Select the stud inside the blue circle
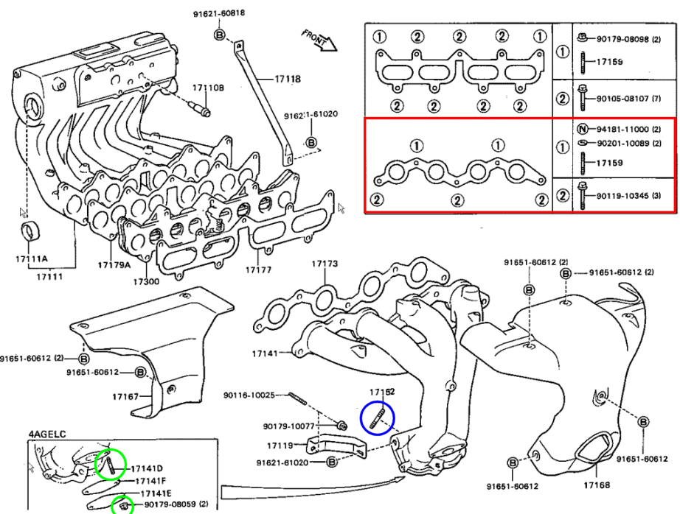377,419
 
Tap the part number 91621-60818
220,14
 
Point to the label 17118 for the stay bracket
288,79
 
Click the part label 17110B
208,88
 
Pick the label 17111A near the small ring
32,258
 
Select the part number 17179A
114,264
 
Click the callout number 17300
146,282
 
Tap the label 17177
260,270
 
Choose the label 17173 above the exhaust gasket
324,263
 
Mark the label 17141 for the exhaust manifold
264,353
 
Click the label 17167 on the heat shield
125,397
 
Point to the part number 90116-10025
249,395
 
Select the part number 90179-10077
288,426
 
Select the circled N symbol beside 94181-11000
582,127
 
